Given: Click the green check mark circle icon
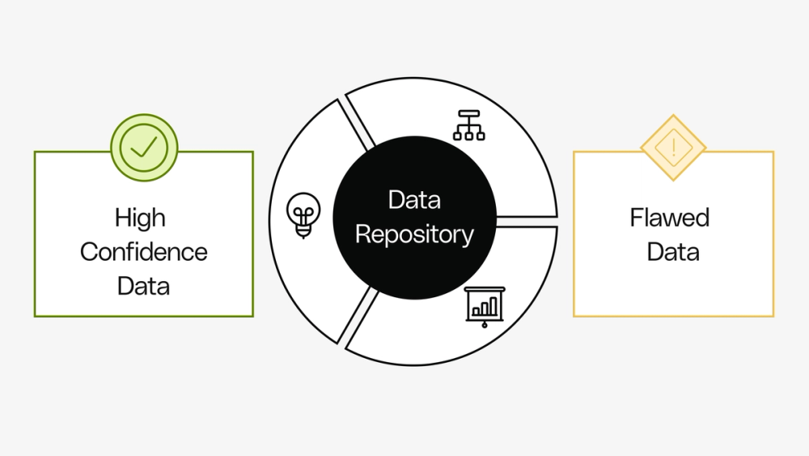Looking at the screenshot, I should (x=144, y=147).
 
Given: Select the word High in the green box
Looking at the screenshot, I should (x=140, y=218).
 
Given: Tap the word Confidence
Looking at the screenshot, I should (x=144, y=252).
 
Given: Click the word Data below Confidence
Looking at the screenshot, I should (x=143, y=286).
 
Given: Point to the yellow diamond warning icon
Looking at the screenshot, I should (x=673, y=147).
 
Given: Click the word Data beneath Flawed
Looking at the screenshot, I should (x=673, y=252).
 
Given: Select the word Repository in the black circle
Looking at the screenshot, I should (x=414, y=235).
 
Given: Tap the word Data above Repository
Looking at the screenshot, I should (x=414, y=199).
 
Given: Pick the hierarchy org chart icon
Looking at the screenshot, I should (x=468, y=125).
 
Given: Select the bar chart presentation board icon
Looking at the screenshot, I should (x=485, y=307).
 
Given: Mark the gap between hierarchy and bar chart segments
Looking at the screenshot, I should (x=526, y=221).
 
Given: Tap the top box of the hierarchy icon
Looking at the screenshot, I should (x=468, y=115).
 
